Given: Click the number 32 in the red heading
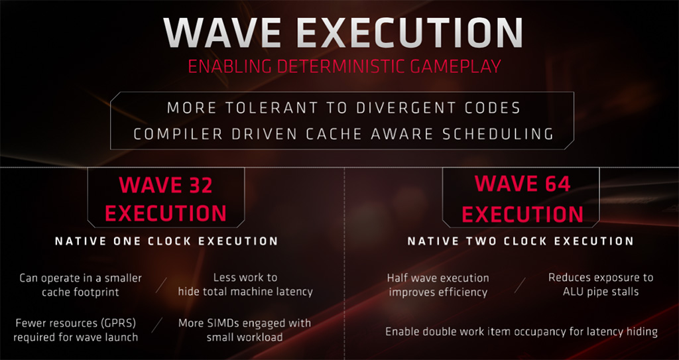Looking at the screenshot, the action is [197, 185].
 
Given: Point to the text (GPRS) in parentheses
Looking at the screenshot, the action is [115, 323].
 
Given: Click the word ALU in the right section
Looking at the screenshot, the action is [572, 291].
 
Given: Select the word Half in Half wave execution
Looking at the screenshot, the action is [397, 278].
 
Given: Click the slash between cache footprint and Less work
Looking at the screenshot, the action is [160, 284].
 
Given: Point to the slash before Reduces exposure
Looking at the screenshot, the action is [520, 284].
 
